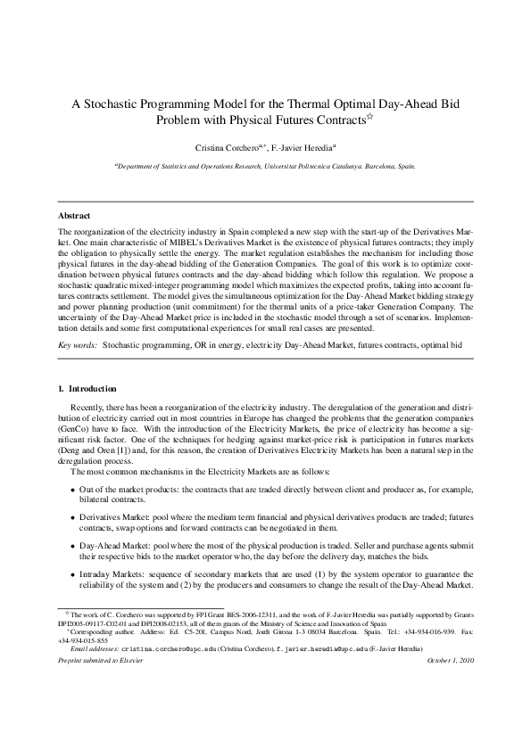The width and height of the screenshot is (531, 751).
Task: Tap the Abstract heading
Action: coord(75,216)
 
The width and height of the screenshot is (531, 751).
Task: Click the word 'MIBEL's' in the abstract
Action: coord(195,242)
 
